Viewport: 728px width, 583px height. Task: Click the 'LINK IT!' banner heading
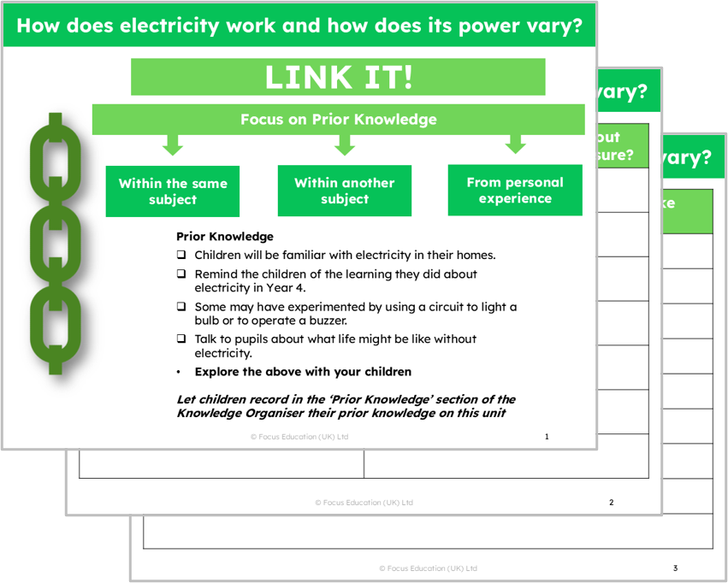(x=338, y=77)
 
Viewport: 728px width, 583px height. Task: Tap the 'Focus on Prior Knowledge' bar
(x=338, y=120)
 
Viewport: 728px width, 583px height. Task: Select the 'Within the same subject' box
(x=173, y=191)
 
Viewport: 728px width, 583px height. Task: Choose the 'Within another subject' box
(x=344, y=191)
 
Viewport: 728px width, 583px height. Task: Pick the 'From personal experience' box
(x=515, y=190)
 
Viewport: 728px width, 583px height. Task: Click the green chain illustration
(x=56, y=244)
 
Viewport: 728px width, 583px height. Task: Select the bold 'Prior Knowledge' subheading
(x=224, y=236)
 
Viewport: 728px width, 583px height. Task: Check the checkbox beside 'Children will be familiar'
(x=181, y=255)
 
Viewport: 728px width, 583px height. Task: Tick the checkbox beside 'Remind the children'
(x=181, y=274)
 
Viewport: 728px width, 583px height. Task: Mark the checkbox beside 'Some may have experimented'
(x=181, y=307)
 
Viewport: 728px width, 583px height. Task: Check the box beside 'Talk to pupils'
(x=181, y=339)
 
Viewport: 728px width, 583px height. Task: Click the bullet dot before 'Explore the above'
(x=179, y=372)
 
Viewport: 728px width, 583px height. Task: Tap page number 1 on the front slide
(x=547, y=437)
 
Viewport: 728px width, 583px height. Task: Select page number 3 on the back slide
(x=675, y=568)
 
